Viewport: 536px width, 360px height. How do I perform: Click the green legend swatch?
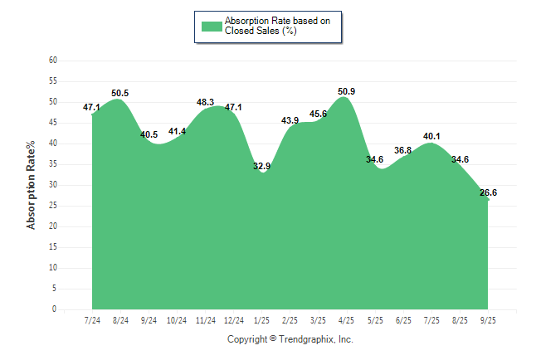point(212,26)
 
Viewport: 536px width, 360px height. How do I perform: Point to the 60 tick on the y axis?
point(53,61)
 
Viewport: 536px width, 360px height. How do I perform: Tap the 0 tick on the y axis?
point(55,309)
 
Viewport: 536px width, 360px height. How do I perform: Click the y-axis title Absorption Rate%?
point(32,185)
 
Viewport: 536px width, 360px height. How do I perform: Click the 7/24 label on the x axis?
point(92,319)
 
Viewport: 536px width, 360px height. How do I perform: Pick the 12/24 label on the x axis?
point(233,319)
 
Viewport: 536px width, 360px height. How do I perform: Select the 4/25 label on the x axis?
point(346,319)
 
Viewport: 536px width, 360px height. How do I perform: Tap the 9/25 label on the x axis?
point(488,319)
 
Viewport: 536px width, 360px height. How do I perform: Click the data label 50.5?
point(120,93)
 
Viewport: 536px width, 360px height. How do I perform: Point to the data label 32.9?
point(261,166)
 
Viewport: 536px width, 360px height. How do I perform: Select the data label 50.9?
point(346,91)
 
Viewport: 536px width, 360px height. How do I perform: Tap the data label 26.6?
point(488,192)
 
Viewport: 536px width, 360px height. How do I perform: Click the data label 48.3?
point(205,102)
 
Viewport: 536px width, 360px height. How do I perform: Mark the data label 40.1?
point(431,136)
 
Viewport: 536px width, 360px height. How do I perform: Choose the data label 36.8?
point(403,150)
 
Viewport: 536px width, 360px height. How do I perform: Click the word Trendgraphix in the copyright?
point(306,339)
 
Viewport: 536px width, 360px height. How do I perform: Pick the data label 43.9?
point(290,120)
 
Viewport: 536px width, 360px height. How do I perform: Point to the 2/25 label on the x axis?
point(290,319)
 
